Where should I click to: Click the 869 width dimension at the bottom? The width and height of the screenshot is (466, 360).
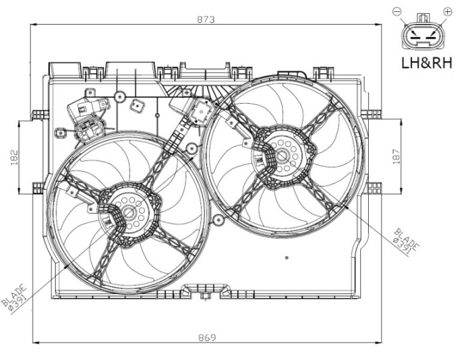[207, 337]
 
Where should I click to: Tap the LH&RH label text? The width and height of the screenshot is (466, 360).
[425, 64]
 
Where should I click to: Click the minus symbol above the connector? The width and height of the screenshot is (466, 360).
[398, 11]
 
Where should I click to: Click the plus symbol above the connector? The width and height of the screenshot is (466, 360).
[446, 11]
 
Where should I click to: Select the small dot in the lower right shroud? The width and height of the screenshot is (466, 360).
[286, 258]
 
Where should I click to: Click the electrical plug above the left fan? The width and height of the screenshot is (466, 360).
[87, 116]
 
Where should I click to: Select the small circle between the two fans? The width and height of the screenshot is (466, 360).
[192, 148]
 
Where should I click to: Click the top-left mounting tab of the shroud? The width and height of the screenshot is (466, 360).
[64, 69]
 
